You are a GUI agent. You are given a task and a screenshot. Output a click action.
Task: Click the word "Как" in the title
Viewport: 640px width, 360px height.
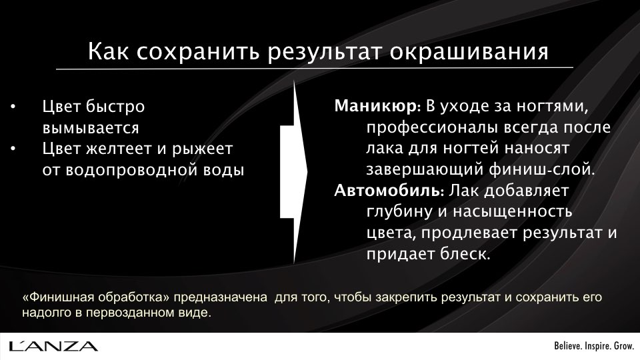pyautogui.click(x=108, y=51)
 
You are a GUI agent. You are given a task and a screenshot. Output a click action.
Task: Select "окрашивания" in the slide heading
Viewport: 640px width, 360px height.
pyautogui.click(x=469, y=52)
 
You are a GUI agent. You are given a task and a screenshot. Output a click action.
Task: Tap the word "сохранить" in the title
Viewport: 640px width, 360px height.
pyautogui.click(x=197, y=52)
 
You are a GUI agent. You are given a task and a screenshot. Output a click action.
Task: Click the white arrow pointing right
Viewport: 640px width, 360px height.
pyautogui.click(x=294, y=172)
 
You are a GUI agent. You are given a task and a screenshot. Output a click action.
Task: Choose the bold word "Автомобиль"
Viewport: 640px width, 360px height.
pyautogui.click(x=388, y=190)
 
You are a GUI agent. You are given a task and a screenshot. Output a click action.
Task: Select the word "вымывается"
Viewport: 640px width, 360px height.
pyautogui.click(x=91, y=128)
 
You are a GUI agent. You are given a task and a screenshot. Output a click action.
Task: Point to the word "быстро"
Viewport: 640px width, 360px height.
pyautogui.click(x=115, y=107)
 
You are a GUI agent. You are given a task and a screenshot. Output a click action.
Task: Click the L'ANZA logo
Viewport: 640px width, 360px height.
pyautogui.click(x=53, y=346)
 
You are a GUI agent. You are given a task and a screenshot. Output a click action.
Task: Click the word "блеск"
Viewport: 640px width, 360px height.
pyautogui.click(x=465, y=254)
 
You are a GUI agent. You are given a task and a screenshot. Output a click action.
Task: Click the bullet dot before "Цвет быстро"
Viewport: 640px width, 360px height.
pyautogui.click(x=13, y=107)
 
